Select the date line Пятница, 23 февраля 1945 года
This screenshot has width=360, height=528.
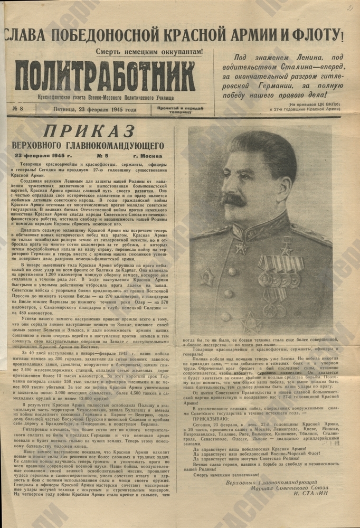tap(94, 110)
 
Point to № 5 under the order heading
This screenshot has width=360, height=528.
tap(100, 156)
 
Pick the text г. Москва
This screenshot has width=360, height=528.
tap(148, 156)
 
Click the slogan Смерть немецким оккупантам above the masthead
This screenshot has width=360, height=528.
tap(149, 52)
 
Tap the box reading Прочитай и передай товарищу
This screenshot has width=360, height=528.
tap(181, 110)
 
